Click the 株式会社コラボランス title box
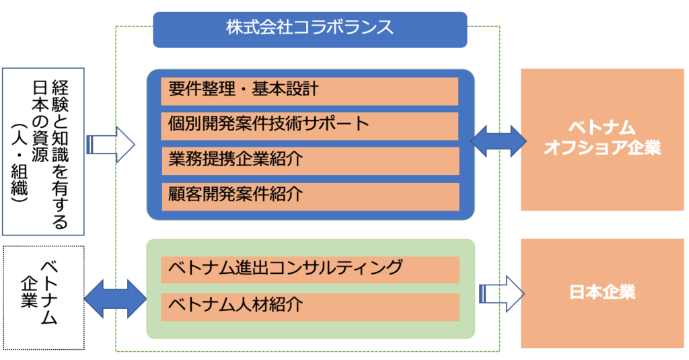(x=310, y=29)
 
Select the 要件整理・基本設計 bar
(x=310, y=91)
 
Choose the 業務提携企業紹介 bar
(x=310, y=161)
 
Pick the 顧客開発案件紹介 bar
(x=310, y=196)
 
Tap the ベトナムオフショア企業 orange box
(x=602, y=139)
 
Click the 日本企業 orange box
(x=602, y=293)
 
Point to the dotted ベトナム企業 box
(x=43, y=297)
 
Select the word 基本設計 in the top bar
(x=285, y=89)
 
